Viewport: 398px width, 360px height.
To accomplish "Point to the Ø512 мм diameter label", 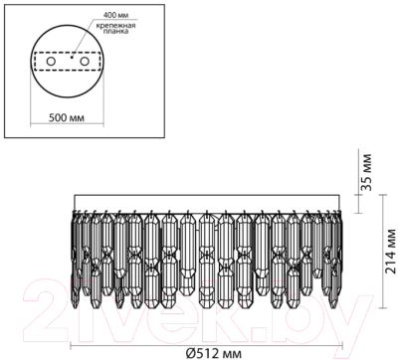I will pyautogui.click(x=211, y=349).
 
